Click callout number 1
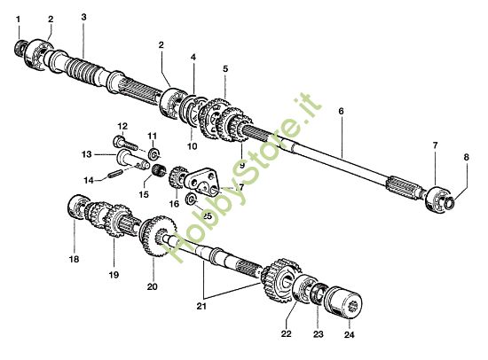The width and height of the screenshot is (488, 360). point(19,19)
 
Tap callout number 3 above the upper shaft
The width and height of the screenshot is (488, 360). point(83,17)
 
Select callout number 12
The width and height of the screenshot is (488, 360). point(122,126)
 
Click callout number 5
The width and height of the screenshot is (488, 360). point(225,68)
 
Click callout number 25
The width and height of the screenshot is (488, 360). point(207,215)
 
